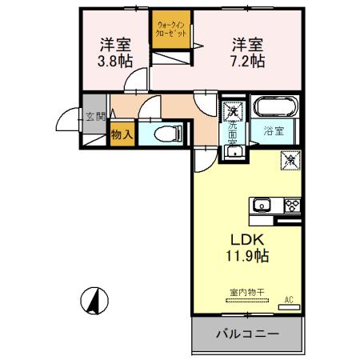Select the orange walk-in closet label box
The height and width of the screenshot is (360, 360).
174,34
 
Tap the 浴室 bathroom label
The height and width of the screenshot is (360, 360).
274,131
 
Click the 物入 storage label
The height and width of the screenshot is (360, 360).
122,136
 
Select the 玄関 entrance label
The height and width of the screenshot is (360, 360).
95,117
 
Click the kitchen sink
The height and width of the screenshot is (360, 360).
262,206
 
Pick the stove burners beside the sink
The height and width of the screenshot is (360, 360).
290,204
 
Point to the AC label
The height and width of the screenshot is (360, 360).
289,300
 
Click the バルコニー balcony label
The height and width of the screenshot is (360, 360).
247,332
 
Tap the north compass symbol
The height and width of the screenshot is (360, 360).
96,300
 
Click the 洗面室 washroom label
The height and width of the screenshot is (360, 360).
232,131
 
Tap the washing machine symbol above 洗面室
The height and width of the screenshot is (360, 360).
232,109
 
